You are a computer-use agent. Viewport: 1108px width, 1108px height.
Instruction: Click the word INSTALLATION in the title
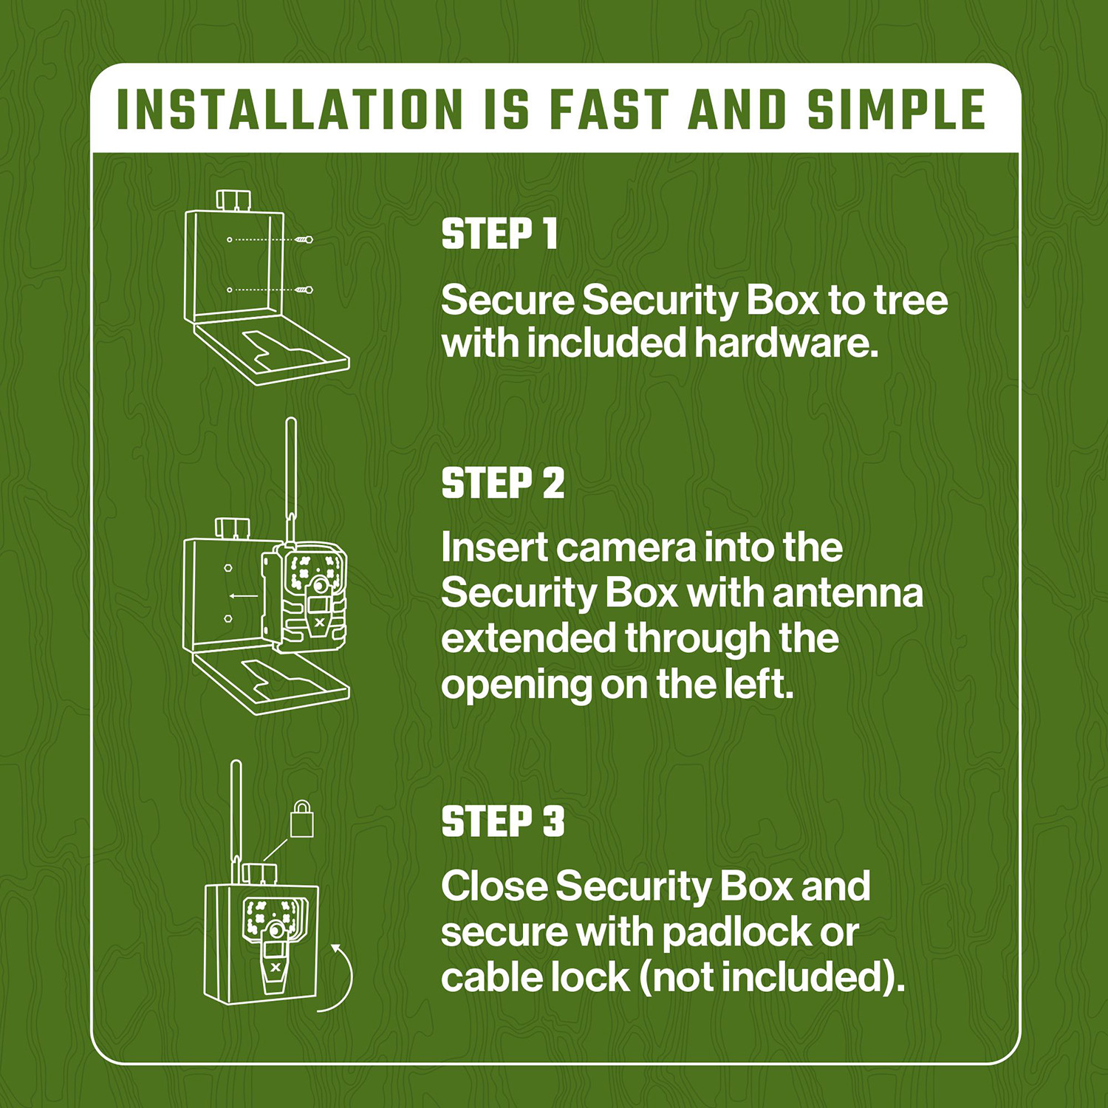point(290,110)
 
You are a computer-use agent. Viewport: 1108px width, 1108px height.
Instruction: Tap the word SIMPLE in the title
point(896,110)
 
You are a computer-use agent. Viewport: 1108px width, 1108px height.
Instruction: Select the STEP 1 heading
point(499,234)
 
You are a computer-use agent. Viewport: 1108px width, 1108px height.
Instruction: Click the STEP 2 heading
point(502,484)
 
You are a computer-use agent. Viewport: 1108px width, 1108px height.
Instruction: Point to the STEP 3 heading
point(502,821)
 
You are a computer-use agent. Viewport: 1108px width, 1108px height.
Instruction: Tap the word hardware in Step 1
point(786,343)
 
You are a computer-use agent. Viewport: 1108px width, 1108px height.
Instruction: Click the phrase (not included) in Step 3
point(771,978)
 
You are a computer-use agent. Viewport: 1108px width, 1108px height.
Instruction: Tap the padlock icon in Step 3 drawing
point(301,820)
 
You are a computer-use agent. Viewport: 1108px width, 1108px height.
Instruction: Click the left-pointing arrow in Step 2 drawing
point(243,595)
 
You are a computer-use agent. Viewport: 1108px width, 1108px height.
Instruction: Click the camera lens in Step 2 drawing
point(319,585)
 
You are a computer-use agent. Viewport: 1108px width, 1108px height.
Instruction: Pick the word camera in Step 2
point(626,548)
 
